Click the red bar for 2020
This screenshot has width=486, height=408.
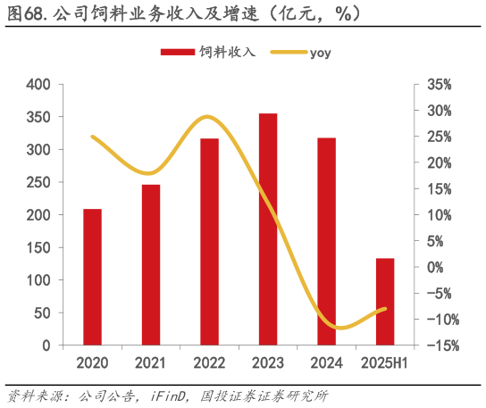(x=92, y=277)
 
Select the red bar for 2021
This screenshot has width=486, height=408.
(x=151, y=264)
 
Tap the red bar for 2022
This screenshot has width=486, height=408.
(x=209, y=242)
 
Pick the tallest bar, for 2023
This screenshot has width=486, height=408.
(x=268, y=229)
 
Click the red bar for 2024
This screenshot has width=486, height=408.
(x=326, y=241)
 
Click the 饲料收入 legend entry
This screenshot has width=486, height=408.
(x=208, y=52)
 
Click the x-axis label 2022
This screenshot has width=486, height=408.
(x=209, y=363)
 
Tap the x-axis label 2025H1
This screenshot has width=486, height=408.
(x=385, y=363)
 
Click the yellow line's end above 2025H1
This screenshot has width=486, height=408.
(x=385, y=309)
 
